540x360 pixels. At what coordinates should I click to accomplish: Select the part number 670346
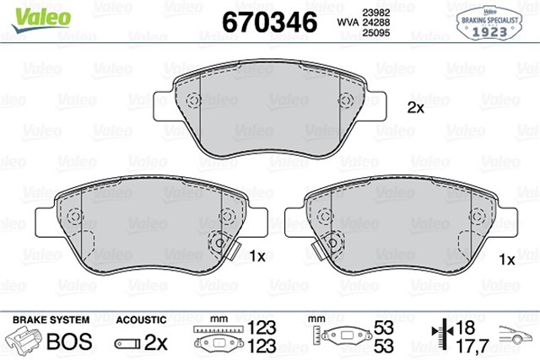(x=268, y=20)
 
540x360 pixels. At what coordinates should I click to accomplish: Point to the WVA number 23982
(x=376, y=11)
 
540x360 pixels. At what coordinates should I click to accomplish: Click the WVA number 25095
(x=376, y=33)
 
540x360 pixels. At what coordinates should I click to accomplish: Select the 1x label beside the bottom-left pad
(x=258, y=255)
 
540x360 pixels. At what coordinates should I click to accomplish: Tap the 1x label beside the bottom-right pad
(x=507, y=260)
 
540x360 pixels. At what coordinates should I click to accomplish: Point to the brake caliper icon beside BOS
(x=25, y=341)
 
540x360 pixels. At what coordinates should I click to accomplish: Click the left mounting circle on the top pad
(x=192, y=101)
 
